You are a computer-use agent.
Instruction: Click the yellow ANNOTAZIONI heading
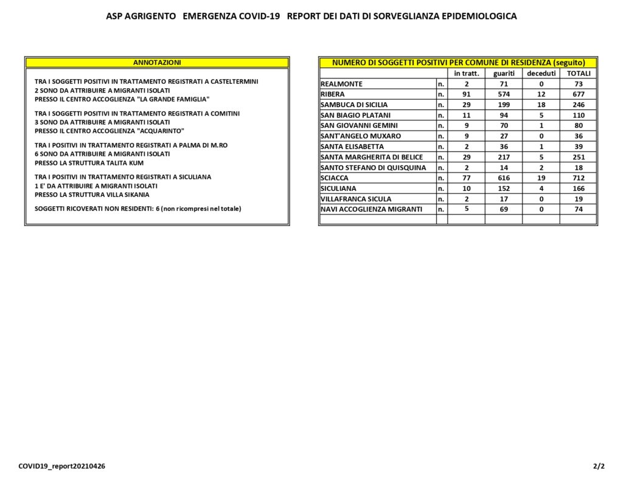tap(157, 63)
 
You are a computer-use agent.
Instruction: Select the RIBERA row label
tap(332, 94)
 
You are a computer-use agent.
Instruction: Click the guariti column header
tap(504, 74)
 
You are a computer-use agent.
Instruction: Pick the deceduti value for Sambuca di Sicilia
tap(541, 105)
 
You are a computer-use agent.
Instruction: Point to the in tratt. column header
tap(467, 74)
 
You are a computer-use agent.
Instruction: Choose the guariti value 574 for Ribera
tap(504, 94)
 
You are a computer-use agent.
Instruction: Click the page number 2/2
tap(599, 466)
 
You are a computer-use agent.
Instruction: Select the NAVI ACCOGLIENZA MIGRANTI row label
tap(371, 209)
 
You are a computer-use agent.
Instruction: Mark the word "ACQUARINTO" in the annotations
tap(162, 131)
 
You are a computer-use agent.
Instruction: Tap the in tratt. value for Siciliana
tap(467, 189)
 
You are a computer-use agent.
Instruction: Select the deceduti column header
tap(541, 74)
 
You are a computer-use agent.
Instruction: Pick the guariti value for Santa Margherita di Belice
tap(504, 157)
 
